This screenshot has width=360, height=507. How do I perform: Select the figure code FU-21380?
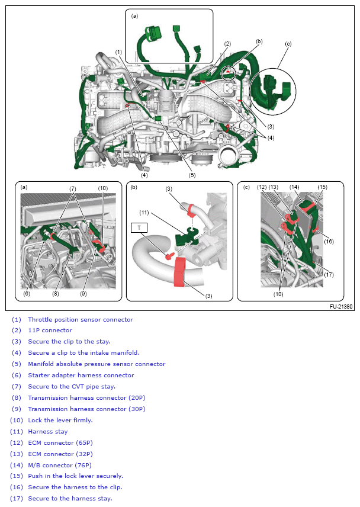(x=341, y=307)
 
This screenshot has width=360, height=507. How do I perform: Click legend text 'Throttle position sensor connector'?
(x=81, y=319)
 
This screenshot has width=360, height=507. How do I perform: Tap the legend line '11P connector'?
(x=50, y=330)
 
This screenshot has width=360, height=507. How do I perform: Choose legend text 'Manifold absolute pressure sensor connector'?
(x=97, y=364)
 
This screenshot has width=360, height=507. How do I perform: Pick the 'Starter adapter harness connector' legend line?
(x=81, y=376)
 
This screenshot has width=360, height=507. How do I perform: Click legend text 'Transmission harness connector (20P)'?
(x=86, y=398)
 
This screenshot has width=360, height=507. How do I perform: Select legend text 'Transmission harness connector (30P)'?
(x=86, y=409)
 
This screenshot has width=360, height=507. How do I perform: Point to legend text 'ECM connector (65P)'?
(x=60, y=443)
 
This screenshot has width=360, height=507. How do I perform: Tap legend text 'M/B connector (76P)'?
(x=60, y=466)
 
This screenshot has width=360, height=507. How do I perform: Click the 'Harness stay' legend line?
(x=48, y=432)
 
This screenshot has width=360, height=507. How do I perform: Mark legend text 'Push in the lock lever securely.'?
(x=75, y=476)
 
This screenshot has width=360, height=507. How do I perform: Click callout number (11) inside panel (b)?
(x=144, y=213)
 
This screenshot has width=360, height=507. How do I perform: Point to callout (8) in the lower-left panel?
(x=56, y=293)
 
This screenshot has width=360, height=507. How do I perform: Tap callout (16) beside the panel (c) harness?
(x=329, y=241)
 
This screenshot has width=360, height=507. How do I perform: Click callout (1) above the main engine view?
(x=118, y=52)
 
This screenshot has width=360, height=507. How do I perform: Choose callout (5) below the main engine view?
(x=192, y=175)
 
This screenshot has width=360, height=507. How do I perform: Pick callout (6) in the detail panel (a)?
(x=27, y=293)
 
